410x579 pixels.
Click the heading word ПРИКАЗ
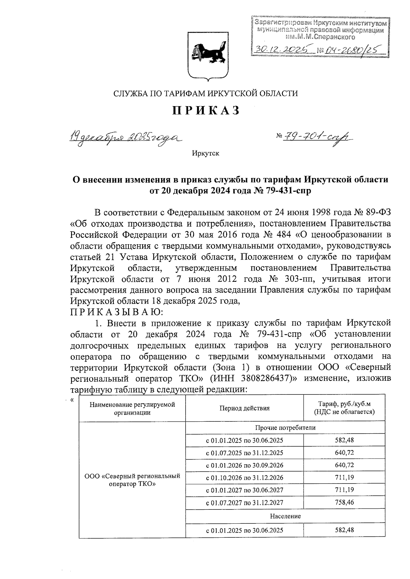(205, 111)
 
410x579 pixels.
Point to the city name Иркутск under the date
(205, 154)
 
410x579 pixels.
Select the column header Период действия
(244, 408)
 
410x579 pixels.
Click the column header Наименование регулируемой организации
(132, 408)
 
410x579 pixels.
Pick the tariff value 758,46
(344, 502)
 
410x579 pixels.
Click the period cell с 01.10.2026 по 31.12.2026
(244, 478)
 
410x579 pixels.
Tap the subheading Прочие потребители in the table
(285, 428)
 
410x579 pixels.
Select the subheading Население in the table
(285, 516)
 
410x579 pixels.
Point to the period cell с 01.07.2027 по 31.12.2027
(244, 503)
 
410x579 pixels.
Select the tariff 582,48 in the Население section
(344, 530)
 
